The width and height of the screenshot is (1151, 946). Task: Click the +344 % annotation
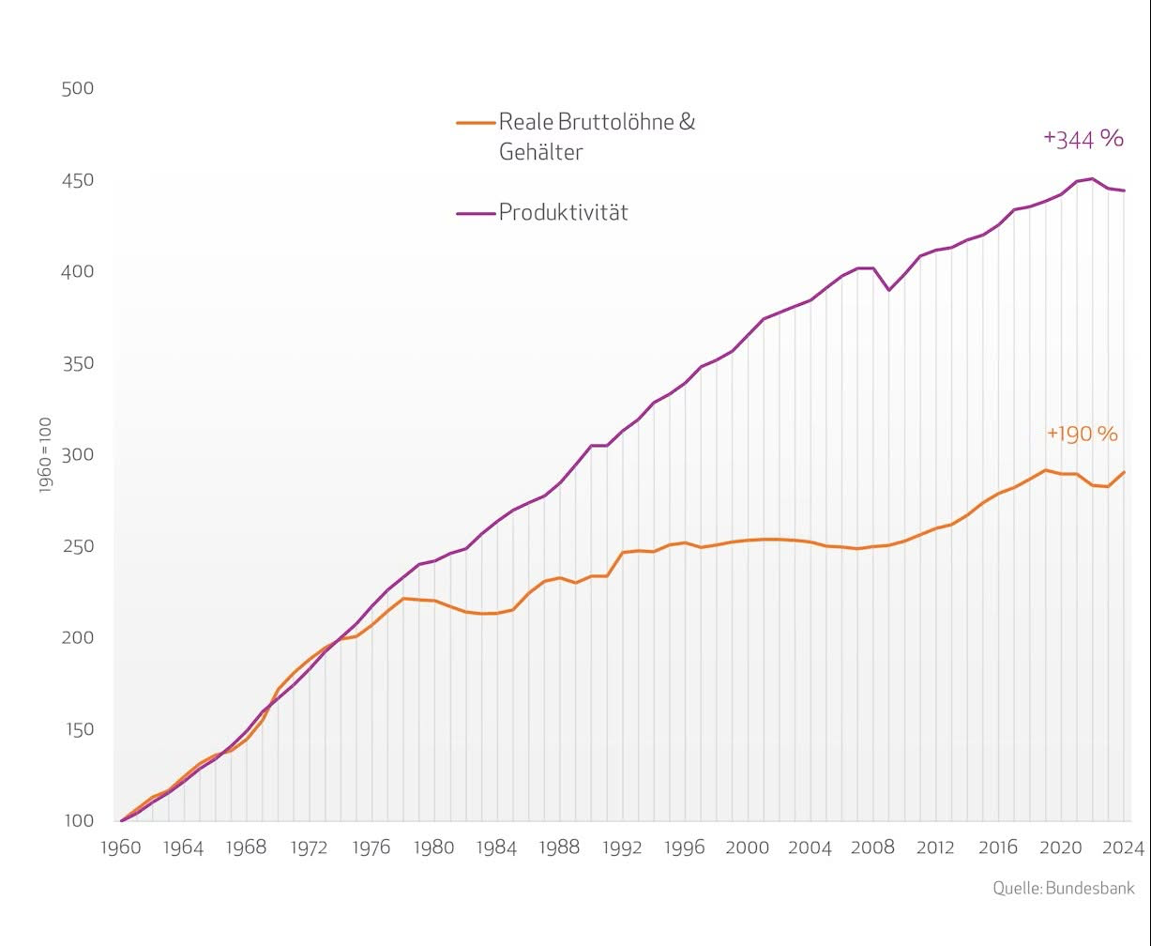click(x=1083, y=139)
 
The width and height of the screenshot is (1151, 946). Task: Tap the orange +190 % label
click(x=1082, y=434)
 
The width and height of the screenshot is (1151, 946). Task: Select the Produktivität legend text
click(x=563, y=212)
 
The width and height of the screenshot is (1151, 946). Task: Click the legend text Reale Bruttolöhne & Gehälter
click(x=597, y=136)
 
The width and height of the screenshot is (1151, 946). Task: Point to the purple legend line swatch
click(x=476, y=213)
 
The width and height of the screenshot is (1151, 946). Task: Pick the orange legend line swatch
click(x=476, y=122)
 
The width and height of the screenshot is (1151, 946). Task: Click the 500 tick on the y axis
click(x=77, y=88)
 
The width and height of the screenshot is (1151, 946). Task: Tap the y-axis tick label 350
click(x=77, y=363)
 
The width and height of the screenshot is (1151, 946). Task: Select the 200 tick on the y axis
click(x=77, y=637)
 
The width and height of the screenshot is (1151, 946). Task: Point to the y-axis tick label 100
click(x=77, y=820)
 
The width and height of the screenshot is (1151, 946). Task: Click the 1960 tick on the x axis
click(x=120, y=848)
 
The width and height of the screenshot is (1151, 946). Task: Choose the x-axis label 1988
click(x=559, y=848)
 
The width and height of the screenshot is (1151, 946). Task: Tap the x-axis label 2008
click(x=872, y=848)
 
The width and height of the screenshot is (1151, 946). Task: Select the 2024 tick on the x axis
click(x=1123, y=848)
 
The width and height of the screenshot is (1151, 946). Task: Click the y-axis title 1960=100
click(x=45, y=456)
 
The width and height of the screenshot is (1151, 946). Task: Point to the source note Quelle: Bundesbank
click(x=1064, y=888)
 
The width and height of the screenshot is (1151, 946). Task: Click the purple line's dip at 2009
click(x=889, y=290)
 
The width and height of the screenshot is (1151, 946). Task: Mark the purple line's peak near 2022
click(x=1092, y=179)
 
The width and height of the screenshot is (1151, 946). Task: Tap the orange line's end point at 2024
click(x=1124, y=472)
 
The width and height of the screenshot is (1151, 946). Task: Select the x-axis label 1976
click(x=371, y=848)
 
